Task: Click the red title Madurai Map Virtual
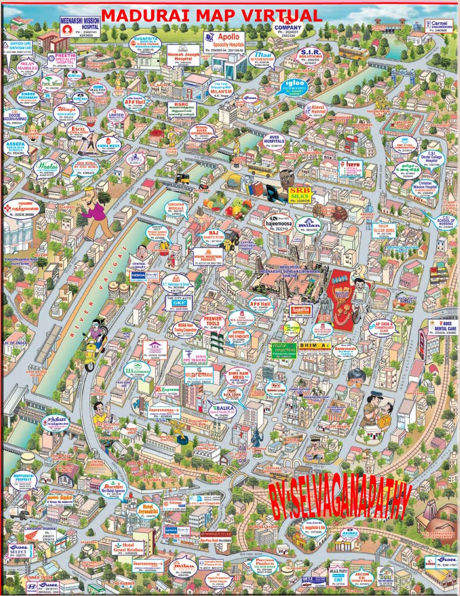[x=211, y=15]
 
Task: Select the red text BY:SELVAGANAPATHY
[x=339, y=500]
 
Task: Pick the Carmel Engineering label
[x=437, y=26]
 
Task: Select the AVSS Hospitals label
[x=274, y=141]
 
